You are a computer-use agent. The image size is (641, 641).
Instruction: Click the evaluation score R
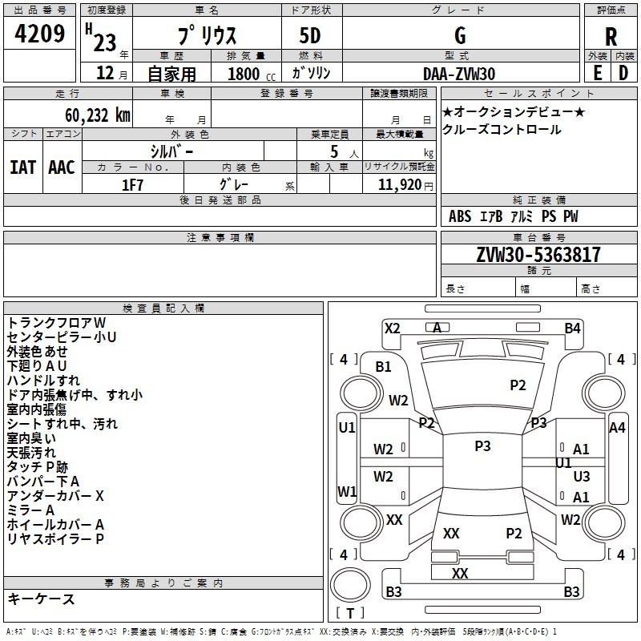[x=611, y=37]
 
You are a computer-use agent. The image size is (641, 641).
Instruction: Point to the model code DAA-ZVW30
[x=459, y=74]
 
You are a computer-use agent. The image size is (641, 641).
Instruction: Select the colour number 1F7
[x=132, y=183]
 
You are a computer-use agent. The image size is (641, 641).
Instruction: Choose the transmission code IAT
[x=23, y=167]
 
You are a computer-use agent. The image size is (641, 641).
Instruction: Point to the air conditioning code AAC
[x=62, y=167]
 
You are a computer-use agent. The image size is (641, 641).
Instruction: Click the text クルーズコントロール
[x=502, y=130]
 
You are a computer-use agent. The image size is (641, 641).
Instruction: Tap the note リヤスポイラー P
[x=55, y=539]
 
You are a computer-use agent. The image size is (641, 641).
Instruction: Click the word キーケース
[x=41, y=599]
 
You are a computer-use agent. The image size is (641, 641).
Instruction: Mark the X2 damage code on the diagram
[x=392, y=328]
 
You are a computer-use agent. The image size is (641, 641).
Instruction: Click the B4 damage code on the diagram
[x=572, y=328]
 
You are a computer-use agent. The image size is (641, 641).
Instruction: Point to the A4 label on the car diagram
[x=617, y=428]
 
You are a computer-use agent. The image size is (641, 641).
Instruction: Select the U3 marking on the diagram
[x=582, y=476]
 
